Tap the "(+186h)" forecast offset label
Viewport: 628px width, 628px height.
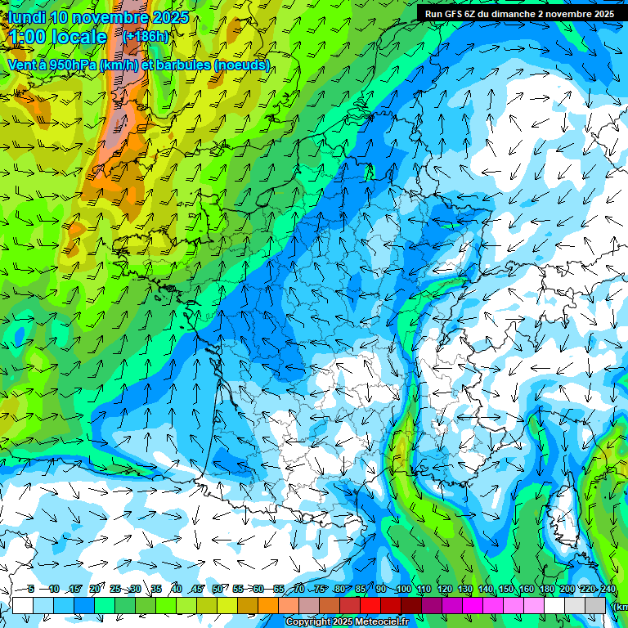click(x=146, y=36)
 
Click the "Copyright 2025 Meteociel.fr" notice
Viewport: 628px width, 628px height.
click(x=347, y=622)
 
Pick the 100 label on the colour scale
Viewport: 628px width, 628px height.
click(x=403, y=590)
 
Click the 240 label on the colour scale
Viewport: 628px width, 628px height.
click(x=608, y=590)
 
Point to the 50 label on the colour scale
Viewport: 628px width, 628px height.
click(x=218, y=590)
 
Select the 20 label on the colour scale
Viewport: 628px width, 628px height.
click(x=94, y=590)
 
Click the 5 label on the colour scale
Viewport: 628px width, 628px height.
click(x=30, y=590)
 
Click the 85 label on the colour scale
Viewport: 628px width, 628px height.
click(x=361, y=590)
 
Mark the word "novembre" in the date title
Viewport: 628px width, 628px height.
click(x=111, y=17)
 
